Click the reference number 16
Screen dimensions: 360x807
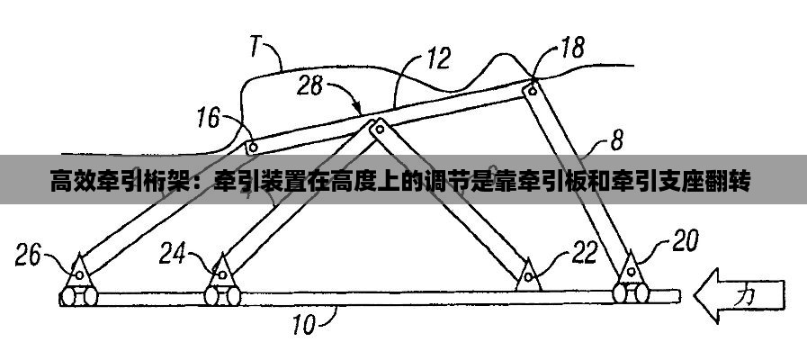coord(208,116)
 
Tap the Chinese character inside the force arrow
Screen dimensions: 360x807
coord(746,294)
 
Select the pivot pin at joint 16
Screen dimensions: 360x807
coord(253,146)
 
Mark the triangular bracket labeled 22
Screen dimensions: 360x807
coord(529,274)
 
